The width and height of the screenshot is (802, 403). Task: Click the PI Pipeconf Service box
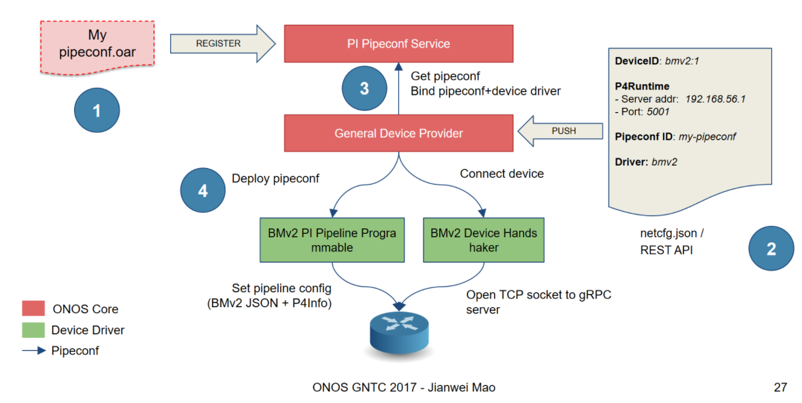coord(398,43)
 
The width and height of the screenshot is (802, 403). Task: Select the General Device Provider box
coord(398,133)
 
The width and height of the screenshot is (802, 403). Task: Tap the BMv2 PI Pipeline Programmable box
coord(332,240)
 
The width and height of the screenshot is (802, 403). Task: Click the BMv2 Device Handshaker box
coord(483,240)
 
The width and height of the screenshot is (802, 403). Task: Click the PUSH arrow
coord(561,131)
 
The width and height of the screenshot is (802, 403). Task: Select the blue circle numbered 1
coord(97,111)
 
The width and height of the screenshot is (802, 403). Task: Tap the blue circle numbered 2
coord(771,249)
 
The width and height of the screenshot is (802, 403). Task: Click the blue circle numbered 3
coord(364,89)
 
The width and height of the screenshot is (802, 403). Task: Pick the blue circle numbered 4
coord(203,191)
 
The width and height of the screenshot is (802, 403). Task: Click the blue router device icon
coord(399,330)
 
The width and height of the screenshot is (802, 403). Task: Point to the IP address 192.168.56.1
coord(715,99)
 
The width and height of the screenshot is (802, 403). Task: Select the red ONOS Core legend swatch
coord(33,309)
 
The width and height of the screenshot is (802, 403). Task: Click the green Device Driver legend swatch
coord(33,330)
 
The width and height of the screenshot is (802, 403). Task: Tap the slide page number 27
coord(780,387)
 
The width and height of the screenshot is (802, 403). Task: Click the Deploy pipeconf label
coord(276,178)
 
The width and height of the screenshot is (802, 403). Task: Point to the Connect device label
coord(502,173)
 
